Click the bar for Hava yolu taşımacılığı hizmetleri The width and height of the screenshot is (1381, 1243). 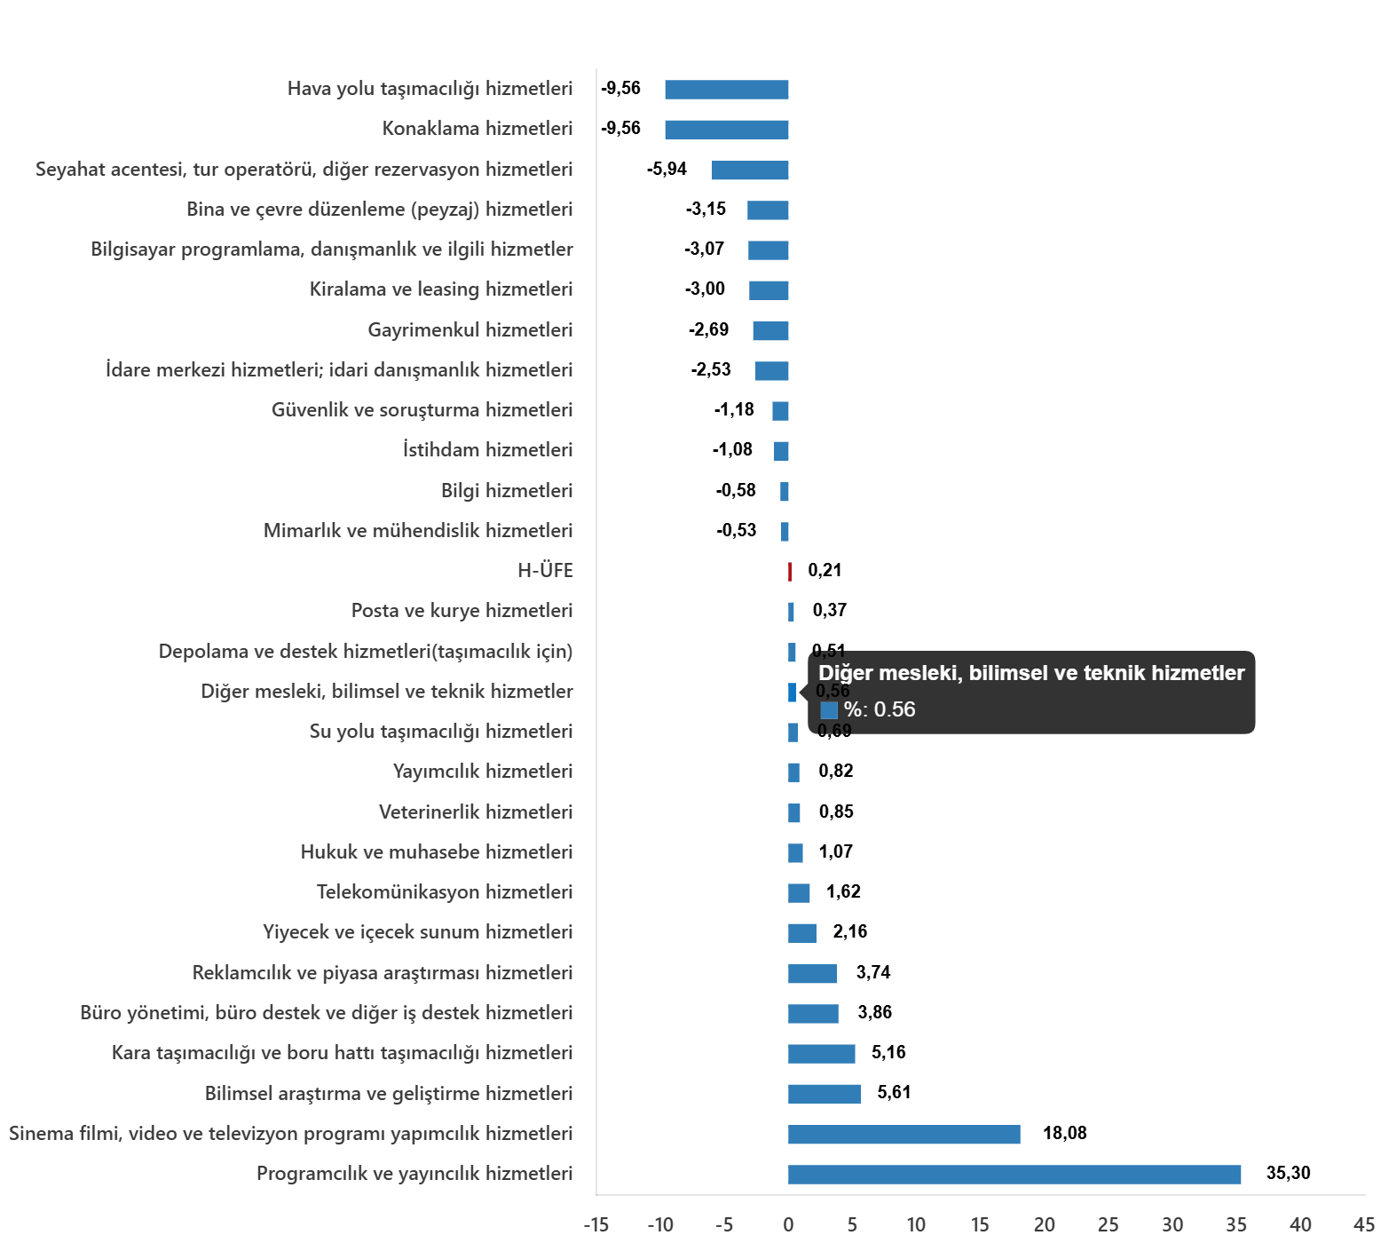point(726,90)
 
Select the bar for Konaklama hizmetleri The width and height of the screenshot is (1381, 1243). point(726,130)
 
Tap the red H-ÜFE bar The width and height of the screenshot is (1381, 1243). point(790,572)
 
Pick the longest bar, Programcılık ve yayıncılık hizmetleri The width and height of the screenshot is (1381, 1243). point(1014,1175)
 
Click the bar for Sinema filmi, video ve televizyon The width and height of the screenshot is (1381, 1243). point(904,1135)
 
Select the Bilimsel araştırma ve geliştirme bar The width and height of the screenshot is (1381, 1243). point(824,1094)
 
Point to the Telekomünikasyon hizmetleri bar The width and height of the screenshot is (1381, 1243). point(799,893)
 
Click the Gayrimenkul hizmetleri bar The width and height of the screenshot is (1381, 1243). point(770,331)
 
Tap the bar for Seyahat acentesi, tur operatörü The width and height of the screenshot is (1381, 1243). point(750,170)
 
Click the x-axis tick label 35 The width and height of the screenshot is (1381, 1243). point(1235,1225)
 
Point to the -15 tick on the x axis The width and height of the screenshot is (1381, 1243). point(596,1225)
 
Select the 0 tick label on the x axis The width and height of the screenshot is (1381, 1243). point(788,1225)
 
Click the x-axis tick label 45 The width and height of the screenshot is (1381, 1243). point(1364,1225)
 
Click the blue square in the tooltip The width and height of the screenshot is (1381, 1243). point(829,710)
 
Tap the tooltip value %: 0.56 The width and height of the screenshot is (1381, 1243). point(880,709)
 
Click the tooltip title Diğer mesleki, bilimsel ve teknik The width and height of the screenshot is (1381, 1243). point(1031,673)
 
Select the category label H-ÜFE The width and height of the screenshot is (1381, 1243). point(545,571)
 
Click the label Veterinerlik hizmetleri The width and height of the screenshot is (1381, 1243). point(476,812)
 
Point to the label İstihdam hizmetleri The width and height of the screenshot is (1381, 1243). point(487,450)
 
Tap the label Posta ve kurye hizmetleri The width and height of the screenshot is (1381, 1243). point(462,611)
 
